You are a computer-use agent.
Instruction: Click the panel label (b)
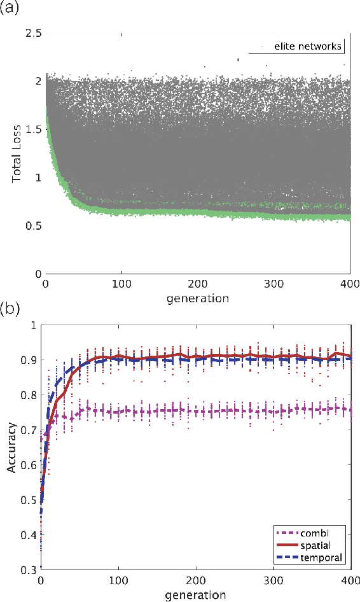pyautogui.click(x=11, y=311)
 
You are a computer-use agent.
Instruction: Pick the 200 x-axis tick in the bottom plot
pyautogui.click(x=196, y=582)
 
